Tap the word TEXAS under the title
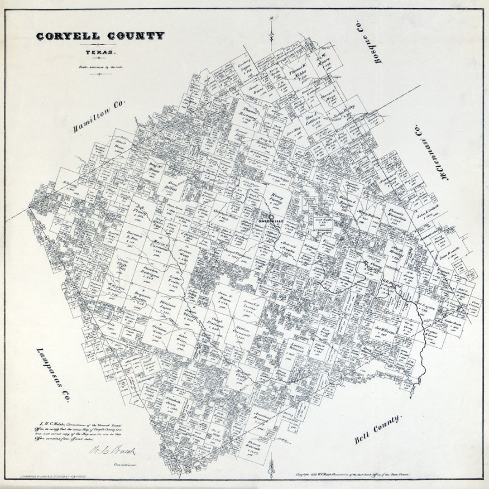[101, 53]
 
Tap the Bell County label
[378, 429]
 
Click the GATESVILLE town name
[271, 220]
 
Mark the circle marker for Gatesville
[271, 216]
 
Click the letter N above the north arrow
[271, 19]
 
